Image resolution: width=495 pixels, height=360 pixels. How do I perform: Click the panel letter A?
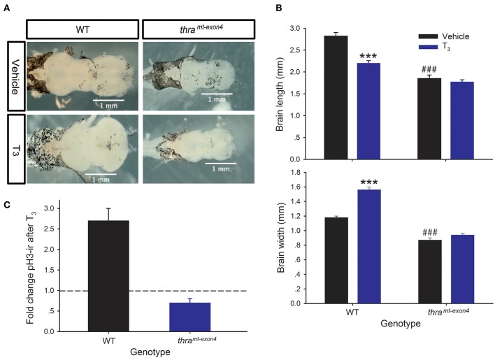(7, 7)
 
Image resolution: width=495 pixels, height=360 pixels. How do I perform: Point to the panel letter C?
(7, 203)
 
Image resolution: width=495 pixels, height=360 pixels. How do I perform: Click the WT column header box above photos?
(82, 29)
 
